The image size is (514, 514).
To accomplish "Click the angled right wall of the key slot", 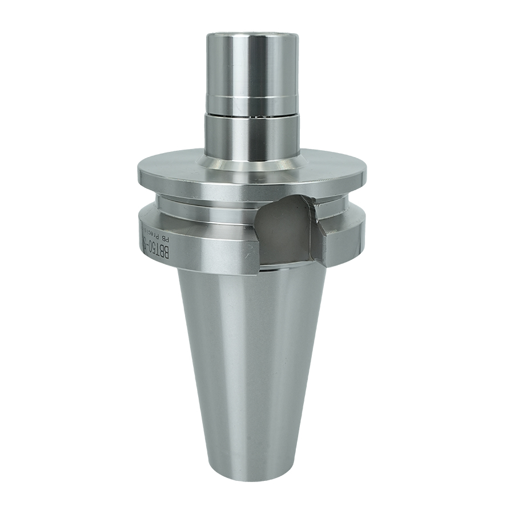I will click(x=315, y=228).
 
